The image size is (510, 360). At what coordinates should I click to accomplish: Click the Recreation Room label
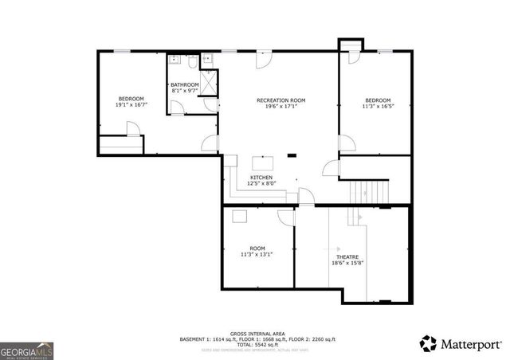coord(280,100)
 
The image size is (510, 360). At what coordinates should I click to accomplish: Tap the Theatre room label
coord(347,256)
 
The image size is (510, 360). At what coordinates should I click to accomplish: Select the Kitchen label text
coord(261,177)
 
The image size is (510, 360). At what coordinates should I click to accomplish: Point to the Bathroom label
coord(184,84)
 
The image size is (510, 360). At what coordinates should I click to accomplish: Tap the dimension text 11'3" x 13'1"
coord(257,255)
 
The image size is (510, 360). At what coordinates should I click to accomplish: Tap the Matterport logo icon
coord(429,343)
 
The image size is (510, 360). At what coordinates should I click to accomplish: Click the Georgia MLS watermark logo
coord(26,350)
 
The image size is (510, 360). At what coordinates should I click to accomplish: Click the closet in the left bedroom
coord(120,146)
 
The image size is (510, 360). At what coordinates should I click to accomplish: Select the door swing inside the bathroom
coord(210,104)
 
